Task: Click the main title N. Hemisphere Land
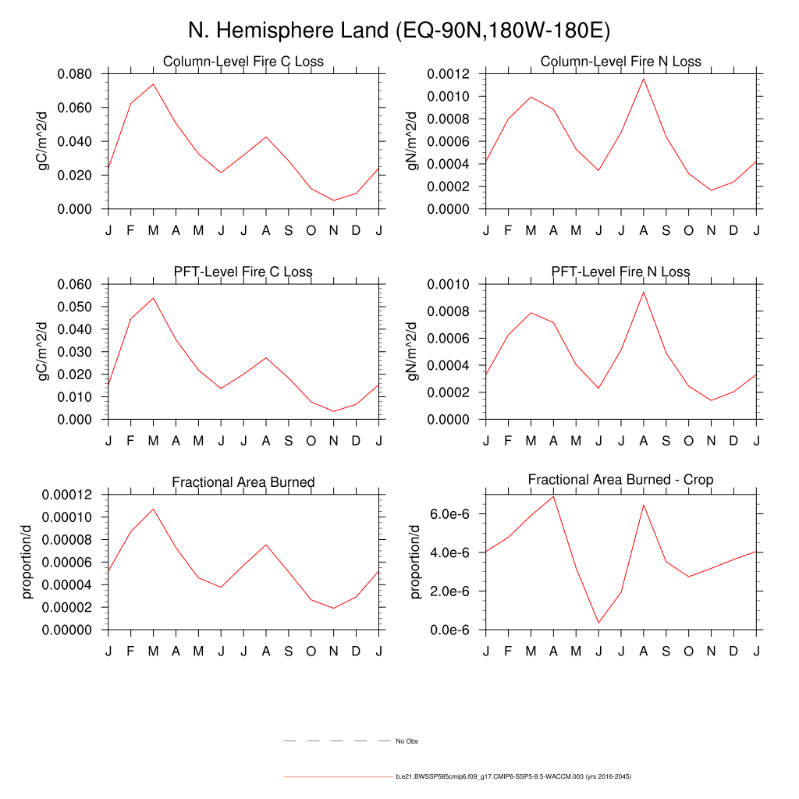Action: click(399, 30)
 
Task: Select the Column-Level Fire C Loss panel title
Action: click(243, 62)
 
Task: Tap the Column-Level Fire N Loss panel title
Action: click(620, 62)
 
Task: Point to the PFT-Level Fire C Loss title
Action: click(243, 272)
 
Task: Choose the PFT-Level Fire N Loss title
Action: click(620, 272)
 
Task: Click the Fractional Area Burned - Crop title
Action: click(620, 480)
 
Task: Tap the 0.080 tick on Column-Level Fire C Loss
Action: click(75, 74)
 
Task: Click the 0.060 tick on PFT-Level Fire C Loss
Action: click(75, 285)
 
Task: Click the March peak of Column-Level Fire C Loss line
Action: click(153, 83)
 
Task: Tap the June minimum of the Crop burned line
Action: click(598, 623)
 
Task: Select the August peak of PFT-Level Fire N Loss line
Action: click(644, 292)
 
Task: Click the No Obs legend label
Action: click(407, 741)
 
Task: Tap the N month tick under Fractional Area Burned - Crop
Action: click(711, 650)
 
